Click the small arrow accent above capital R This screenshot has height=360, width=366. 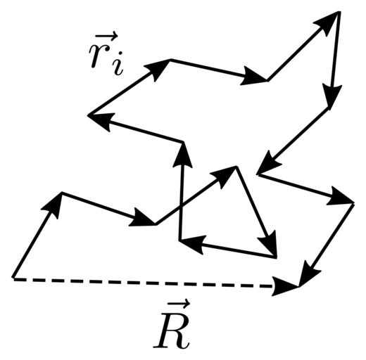coord(177,304)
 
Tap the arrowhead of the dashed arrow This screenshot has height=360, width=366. coord(285,286)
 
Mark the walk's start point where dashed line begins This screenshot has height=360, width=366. coord(13,278)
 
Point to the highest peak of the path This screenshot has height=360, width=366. coord(338,12)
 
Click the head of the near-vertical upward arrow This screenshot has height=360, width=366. coord(183,155)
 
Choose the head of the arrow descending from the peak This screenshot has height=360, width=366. coord(332,96)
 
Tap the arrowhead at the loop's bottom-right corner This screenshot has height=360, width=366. coord(268,245)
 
